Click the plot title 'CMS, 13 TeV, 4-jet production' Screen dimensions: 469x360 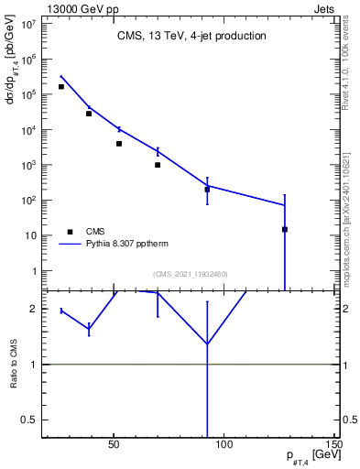point(191,37)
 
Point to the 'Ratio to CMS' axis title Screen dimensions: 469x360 point(15,365)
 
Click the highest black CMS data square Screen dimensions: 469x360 point(61,87)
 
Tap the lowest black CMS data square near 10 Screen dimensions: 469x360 point(285,229)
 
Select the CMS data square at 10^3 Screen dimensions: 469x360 point(158,165)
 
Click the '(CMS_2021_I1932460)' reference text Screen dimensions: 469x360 point(190,274)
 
